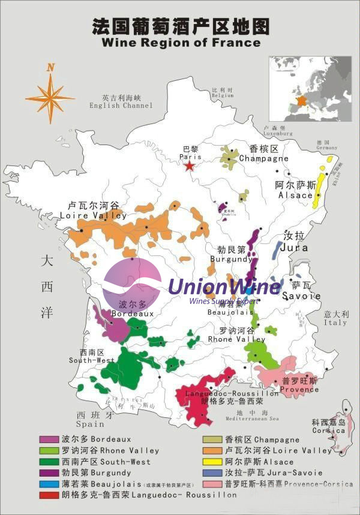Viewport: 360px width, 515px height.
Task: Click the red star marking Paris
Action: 190,165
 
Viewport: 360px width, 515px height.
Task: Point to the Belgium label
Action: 222,94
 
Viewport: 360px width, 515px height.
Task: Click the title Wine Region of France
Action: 181,43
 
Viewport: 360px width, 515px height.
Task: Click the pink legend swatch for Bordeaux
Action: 49,439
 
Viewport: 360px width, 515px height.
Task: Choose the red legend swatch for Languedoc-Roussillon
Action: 49,495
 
